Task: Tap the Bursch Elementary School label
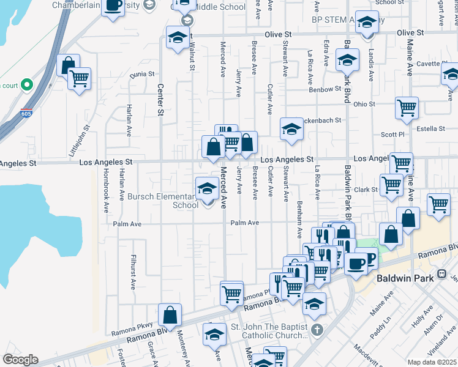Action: [163, 201]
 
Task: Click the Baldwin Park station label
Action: [413, 278]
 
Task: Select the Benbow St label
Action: [325, 89]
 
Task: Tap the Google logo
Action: [20, 360]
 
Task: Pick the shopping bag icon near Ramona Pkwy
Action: [170, 315]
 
